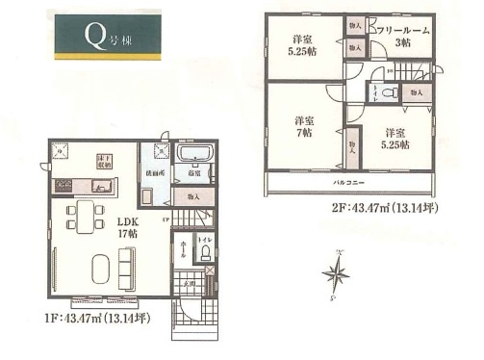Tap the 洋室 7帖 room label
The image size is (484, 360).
click(305, 126)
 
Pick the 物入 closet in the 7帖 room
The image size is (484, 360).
click(351, 145)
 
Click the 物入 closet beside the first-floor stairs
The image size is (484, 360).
click(193, 196)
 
